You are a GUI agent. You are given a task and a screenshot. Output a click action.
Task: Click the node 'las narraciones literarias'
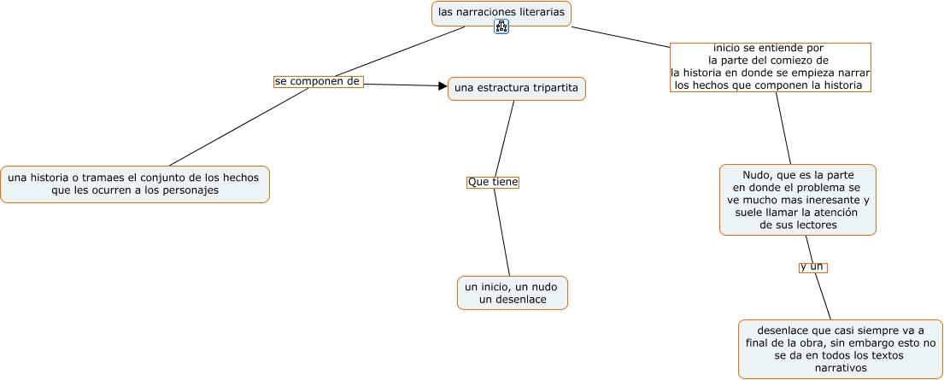(x=501, y=13)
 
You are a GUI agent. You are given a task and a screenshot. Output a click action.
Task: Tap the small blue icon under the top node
(x=501, y=27)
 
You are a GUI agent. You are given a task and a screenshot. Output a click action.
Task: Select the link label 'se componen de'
(x=318, y=82)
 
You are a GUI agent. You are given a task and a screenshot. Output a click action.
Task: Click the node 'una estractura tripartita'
(x=516, y=88)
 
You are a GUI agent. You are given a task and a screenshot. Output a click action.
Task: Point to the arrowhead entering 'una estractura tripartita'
(x=443, y=85)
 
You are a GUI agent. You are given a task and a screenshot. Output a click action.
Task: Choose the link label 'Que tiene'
(x=493, y=182)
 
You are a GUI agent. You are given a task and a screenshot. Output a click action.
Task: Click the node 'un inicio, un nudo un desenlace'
(x=513, y=292)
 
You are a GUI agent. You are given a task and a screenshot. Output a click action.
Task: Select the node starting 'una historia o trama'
(x=134, y=184)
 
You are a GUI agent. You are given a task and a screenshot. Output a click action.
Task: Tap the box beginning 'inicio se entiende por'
(x=770, y=67)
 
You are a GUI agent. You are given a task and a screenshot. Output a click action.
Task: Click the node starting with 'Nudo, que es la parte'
(x=798, y=199)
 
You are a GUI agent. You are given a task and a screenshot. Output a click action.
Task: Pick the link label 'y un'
(x=812, y=266)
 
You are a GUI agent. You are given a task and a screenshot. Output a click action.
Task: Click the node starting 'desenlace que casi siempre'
(x=841, y=348)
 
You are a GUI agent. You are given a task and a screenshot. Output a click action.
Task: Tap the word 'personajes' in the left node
(x=191, y=190)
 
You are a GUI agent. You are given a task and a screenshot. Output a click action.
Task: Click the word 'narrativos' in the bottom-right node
(x=841, y=368)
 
